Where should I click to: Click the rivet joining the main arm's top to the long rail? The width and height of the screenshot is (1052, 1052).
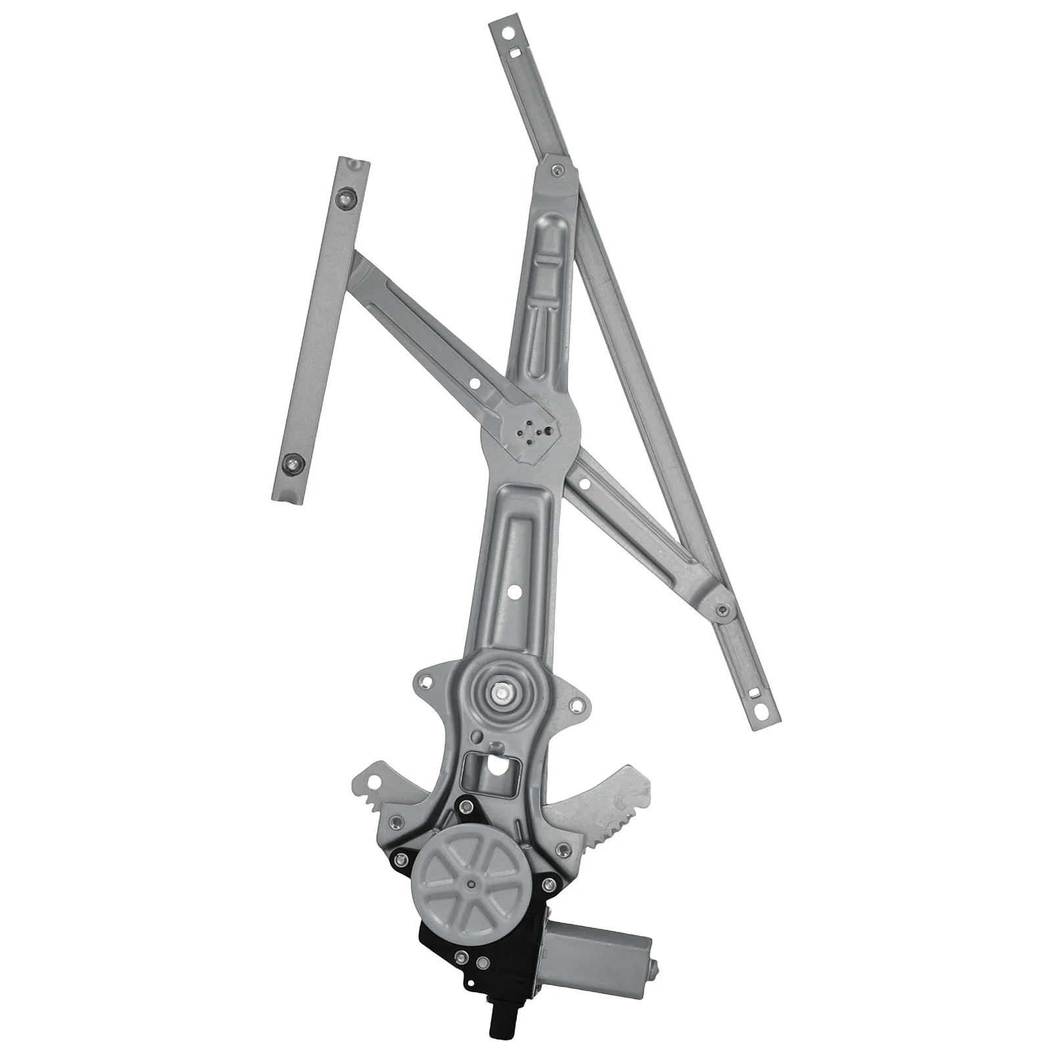click(x=556, y=172)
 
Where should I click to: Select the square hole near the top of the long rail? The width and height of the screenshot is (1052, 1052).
click(x=516, y=53)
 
